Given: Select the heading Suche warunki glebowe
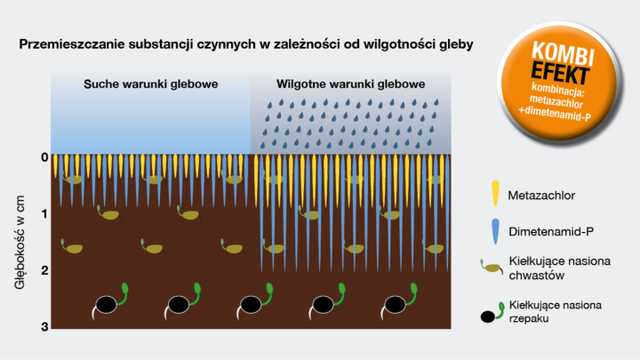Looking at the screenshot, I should [151, 84].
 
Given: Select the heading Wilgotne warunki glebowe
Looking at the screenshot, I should [350, 84].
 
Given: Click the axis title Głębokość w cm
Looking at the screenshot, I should [19, 242].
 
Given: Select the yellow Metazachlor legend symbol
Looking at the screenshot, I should [494, 193].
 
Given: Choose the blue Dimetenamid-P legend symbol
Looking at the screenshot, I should [494, 231].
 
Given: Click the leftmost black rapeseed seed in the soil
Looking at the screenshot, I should [106, 304].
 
